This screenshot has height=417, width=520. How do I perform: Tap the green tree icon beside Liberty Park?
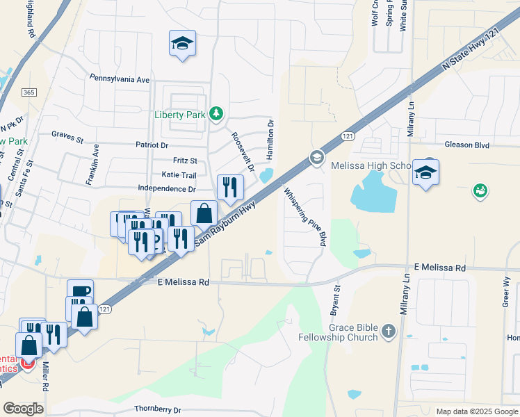(217, 113)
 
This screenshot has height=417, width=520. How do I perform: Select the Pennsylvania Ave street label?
(120, 80)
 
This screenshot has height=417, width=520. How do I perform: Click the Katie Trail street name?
(179, 175)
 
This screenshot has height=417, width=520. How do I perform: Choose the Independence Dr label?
(167, 188)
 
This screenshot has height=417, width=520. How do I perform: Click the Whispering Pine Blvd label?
(304, 216)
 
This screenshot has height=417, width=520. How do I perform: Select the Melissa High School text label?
(371, 166)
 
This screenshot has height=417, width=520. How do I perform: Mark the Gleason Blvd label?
(467, 145)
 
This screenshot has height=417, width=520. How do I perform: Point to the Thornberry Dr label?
(158, 410)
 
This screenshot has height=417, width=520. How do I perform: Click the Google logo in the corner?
(23, 409)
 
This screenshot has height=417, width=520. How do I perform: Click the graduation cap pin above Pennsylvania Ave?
(182, 43)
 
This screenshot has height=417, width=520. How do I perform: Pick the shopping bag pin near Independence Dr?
(204, 213)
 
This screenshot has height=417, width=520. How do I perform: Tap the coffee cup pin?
(80, 291)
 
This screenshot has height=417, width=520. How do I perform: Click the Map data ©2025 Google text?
(476, 411)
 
